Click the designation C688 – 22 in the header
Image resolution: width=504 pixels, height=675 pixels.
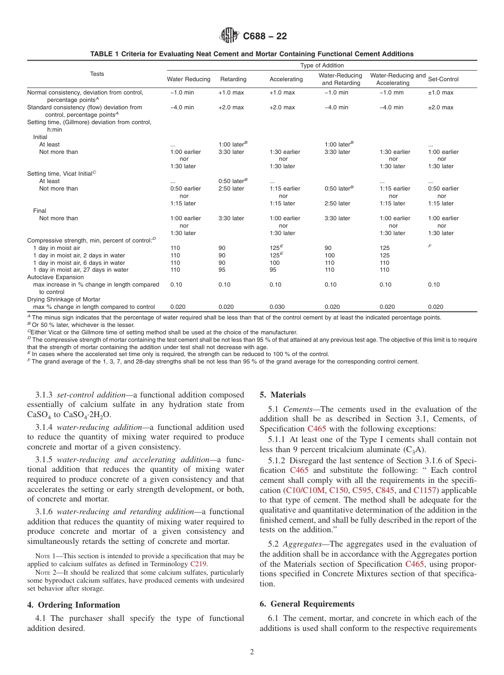265,37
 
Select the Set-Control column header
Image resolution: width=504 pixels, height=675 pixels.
443,79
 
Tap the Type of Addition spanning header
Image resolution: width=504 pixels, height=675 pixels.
321,65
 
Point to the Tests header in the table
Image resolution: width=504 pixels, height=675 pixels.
97,74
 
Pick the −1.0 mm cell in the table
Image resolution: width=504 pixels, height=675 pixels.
392,92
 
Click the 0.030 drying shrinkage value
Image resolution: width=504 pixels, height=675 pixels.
277,307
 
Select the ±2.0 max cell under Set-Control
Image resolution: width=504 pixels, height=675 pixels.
440,107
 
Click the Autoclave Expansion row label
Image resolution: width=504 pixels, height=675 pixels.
55,277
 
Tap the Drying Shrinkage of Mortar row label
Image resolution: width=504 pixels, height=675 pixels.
63,299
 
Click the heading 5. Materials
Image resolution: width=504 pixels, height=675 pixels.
282,395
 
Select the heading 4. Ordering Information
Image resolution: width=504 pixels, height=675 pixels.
74,605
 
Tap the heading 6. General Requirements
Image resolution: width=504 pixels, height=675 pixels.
307,604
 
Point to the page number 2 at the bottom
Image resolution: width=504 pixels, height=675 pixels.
252,652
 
